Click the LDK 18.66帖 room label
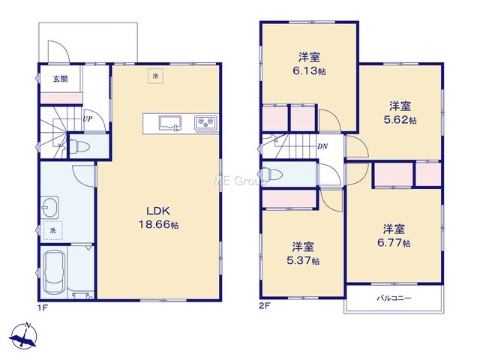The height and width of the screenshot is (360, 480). tap(159, 217)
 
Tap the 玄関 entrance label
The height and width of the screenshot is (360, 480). tap(60, 79)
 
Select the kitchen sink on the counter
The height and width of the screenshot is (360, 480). tap(170, 123)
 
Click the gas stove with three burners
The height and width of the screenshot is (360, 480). tap(205, 123)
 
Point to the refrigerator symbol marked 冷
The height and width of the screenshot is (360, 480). tap(155, 76)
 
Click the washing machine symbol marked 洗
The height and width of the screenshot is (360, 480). tap(53, 230)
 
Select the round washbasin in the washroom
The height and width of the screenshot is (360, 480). tap(49, 207)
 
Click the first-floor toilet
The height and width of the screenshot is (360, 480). tap(79, 146)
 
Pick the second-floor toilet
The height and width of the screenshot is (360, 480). tap(272, 175)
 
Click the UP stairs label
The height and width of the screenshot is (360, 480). tap(88, 119)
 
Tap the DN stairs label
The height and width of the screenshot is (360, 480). tap(322, 147)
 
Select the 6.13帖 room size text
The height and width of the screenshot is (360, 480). tap(309, 71)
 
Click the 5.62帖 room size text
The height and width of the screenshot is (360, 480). tap(400, 120)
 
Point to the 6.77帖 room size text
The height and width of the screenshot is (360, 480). tap(394, 243)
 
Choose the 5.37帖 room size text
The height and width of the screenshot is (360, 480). tap(303, 260)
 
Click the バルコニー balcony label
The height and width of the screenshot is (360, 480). tap(394, 298)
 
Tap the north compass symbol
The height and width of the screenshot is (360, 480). tap(24, 336)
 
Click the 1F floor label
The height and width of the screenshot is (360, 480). tap(43, 307)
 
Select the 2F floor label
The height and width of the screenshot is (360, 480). tap(265, 305)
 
